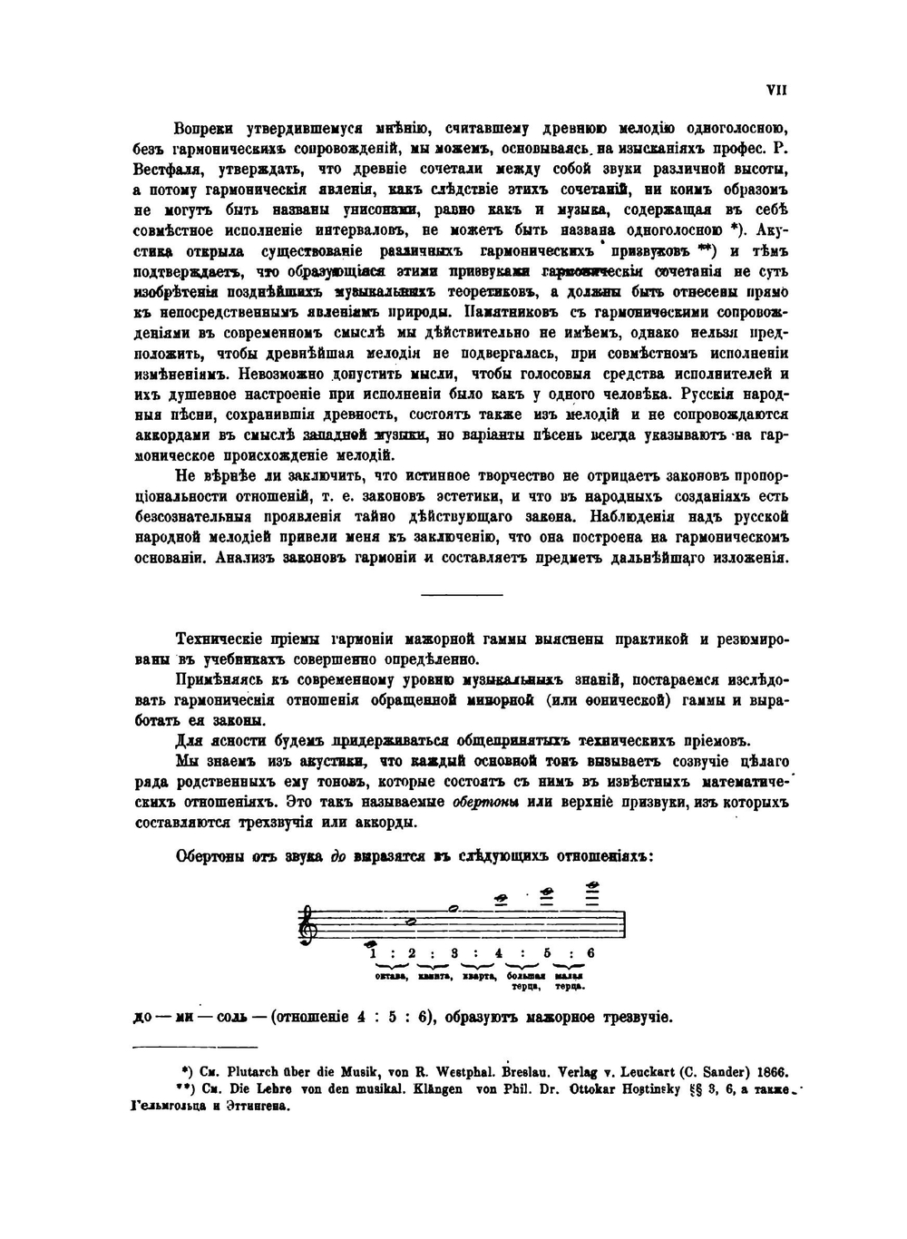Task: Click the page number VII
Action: [776, 90]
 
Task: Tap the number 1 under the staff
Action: [372, 952]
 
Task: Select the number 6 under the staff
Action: [590, 952]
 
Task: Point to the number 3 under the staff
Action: [453, 952]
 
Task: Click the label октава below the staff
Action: [389, 976]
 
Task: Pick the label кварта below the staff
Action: [478, 976]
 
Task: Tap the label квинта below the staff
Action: [434, 976]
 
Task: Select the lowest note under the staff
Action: [371, 942]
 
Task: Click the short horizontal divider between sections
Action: [463, 595]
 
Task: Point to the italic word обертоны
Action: [484, 803]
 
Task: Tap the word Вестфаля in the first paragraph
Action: [162, 170]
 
